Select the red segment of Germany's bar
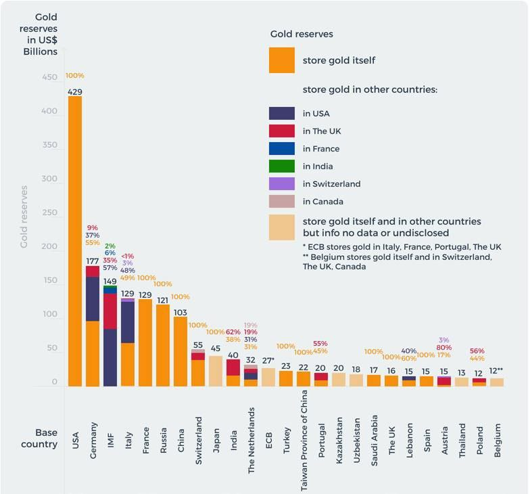pos(93,271)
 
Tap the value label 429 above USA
pos(75,91)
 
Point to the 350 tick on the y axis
pos(50,145)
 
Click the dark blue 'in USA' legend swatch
pos(282,114)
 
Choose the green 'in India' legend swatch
pos(282,166)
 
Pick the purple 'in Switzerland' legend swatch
pos(282,184)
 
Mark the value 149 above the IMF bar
pos(110,282)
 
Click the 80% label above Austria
pos(444,348)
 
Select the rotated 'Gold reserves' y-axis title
pos(24,217)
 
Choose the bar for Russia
pos(163,345)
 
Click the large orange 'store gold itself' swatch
pos(282,60)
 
